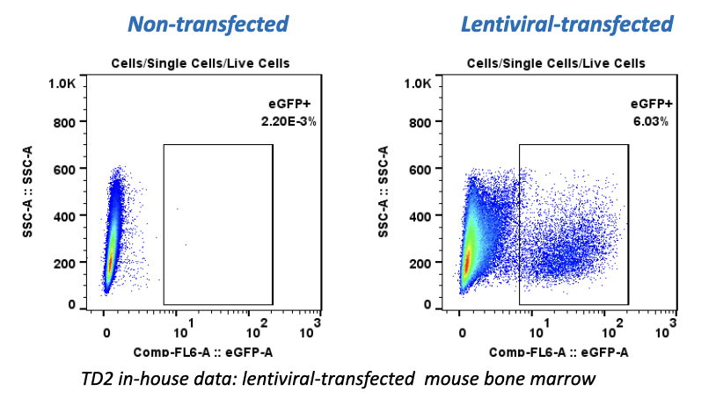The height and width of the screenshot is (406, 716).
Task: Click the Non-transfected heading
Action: click(208, 24)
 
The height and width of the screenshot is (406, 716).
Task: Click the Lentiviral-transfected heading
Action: click(567, 24)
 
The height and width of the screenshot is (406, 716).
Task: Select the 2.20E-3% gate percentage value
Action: click(291, 121)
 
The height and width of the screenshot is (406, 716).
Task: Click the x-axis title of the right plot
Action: click(557, 352)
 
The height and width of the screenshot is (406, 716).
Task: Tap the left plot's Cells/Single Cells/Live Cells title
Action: click(201, 63)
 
